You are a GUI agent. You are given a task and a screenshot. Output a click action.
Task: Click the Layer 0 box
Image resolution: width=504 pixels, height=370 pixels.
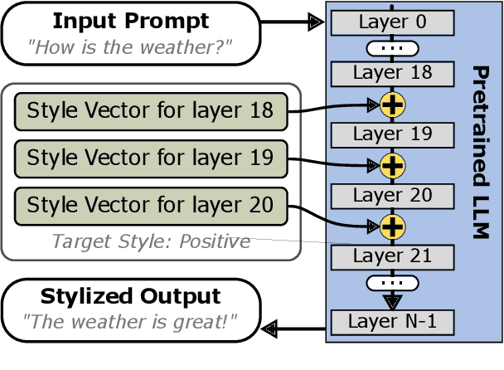point(392,22)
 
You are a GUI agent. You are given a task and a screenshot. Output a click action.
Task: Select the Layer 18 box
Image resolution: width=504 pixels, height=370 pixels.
point(392,74)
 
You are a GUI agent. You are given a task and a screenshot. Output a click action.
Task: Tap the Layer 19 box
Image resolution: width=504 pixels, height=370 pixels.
point(392,134)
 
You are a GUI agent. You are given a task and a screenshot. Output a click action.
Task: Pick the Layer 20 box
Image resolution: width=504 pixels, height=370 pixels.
point(392,195)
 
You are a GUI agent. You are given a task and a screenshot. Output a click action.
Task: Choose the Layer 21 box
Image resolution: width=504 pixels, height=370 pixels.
point(392,256)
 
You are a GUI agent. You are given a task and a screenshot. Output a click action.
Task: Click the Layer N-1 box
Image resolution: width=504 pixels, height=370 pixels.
point(392,319)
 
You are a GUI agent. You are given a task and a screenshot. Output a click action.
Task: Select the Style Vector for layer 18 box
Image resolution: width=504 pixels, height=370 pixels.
point(151,110)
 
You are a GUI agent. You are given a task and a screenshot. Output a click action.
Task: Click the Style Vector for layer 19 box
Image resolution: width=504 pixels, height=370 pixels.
point(151,156)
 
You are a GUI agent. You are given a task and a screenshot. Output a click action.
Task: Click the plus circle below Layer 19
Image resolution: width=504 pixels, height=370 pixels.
point(392,164)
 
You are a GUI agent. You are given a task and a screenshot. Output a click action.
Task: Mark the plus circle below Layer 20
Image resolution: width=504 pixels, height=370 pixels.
point(392,225)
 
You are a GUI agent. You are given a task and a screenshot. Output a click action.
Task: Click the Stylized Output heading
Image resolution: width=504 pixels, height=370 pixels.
point(132,297)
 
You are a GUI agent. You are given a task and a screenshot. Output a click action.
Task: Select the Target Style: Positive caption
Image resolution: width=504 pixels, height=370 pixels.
point(151,241)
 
